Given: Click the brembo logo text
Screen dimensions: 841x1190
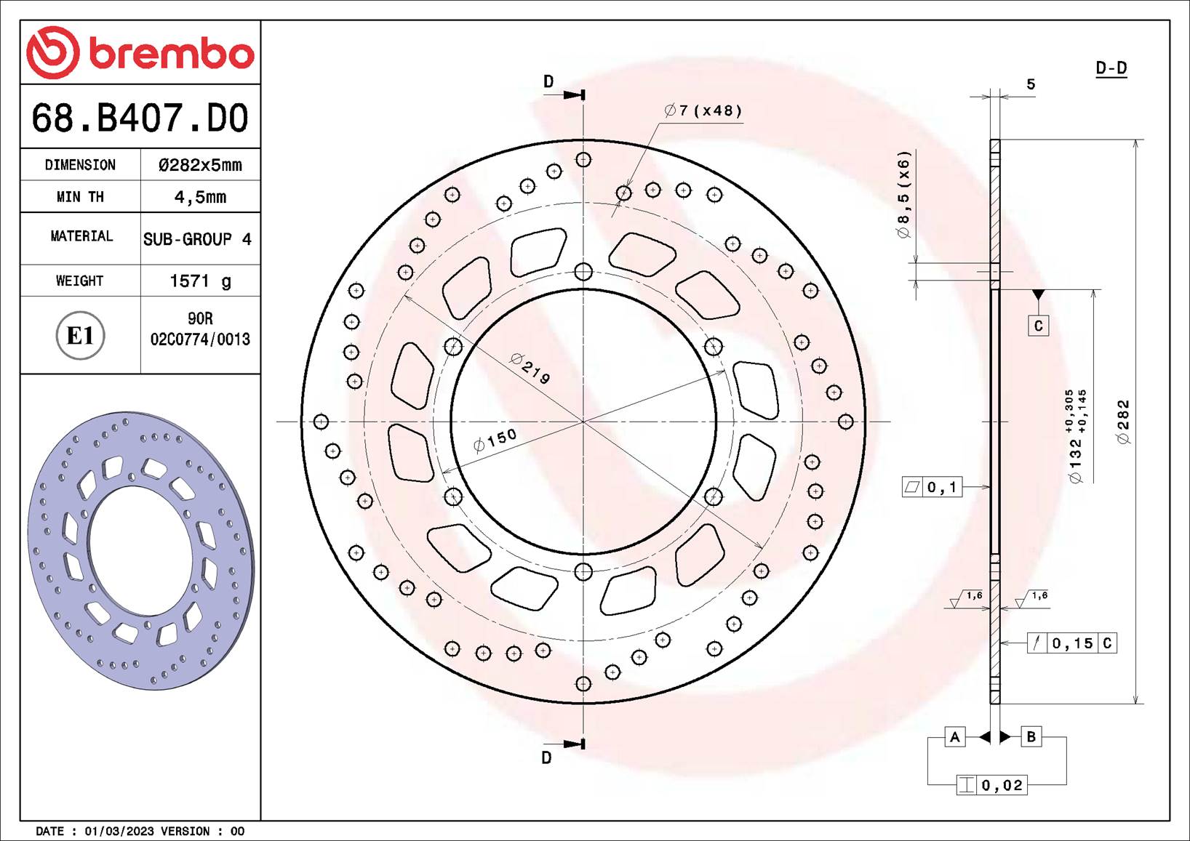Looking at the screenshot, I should coord(171,53).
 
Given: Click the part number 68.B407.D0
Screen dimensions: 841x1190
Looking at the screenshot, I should coord(140,118).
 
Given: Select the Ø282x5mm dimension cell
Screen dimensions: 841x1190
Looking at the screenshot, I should coord(200,165).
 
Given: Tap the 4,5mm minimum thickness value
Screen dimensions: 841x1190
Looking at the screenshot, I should coord(200,197).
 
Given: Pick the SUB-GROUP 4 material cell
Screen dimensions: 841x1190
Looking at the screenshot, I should coord(197,239).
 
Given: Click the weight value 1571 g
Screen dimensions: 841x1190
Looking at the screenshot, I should coord(200,281).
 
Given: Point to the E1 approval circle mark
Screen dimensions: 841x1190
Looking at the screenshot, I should coord(80,336).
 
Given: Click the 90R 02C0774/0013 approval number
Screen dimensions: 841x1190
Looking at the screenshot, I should coord(200,329).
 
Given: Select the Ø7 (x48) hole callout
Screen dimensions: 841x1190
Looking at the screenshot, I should coord(703,110).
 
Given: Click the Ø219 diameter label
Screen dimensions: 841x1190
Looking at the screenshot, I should coord(531,369).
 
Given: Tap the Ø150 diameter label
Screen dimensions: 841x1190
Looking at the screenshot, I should coord(495,440).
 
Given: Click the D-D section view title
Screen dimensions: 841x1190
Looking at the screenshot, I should coord(1111,68).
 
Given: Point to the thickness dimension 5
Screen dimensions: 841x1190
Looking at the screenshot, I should coord(1031,84).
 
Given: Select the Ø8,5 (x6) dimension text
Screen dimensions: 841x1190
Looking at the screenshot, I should coord(903,194).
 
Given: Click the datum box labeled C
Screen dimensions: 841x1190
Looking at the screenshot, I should coord(1038,326).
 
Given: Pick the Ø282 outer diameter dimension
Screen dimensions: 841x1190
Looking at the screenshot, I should coord(1123,422).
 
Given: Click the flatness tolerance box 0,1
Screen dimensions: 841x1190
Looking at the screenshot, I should coord(932,487).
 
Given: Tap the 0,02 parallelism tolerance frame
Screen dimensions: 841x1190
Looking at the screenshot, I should coord(991,785).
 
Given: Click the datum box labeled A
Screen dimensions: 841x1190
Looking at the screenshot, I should coord(954,737).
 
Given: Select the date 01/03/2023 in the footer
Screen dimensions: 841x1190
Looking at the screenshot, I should coord(119,831).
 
